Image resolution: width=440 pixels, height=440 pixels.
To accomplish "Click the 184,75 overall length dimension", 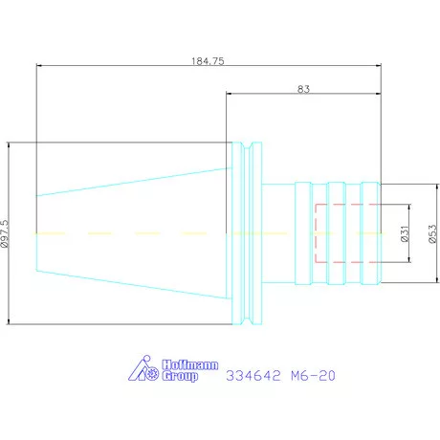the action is point(208,61).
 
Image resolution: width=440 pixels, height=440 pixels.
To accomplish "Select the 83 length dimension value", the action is point(303,89).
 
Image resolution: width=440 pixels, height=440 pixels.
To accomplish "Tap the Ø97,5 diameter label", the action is point(5,233).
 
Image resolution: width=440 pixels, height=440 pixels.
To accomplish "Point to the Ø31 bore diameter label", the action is point(405,233).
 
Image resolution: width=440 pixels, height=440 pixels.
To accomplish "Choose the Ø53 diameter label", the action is point(432,234).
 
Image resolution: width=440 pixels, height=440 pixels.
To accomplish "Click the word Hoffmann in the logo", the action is point(190,364).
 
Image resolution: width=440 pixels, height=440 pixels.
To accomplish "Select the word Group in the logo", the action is point(180,376).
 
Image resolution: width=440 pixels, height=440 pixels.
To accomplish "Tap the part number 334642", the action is point(253,376).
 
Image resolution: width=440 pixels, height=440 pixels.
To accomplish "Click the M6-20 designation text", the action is point(313,376).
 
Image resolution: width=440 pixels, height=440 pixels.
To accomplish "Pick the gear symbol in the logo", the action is point(152,373).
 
